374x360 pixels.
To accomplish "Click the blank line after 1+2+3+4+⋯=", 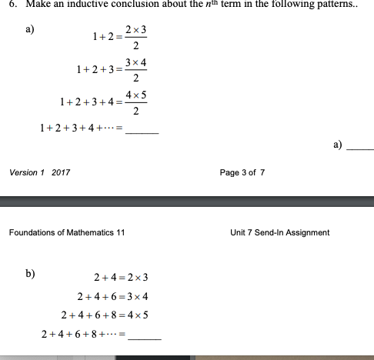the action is click(x=142, y=133).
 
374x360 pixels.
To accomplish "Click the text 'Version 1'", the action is click(x=26, y=173).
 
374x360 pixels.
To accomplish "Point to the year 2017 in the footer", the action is click(x=61, y=173).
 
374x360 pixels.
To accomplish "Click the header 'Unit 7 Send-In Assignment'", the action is click(x=279, y=232).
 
